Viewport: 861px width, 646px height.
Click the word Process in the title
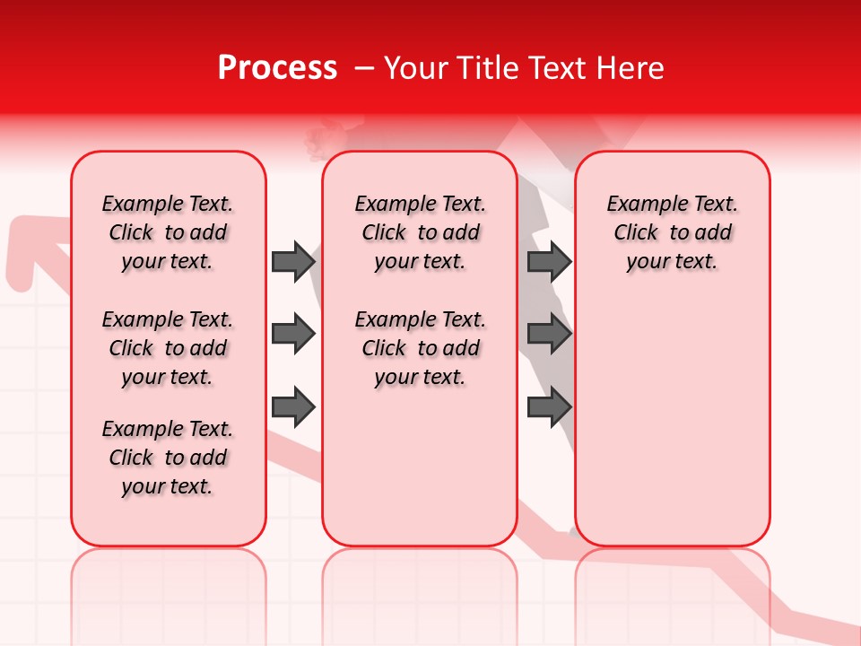coord(277,68)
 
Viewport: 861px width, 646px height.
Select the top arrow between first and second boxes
coord(293,261)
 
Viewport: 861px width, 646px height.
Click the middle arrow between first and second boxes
coord(293,334)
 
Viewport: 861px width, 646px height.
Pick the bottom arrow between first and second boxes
coord(293,406)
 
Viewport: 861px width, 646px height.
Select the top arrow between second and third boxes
coord(549,261)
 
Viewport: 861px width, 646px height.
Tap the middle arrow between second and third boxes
coord(549,334)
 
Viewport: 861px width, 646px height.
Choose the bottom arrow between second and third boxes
coord(549,406)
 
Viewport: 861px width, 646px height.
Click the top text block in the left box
coord(168,232)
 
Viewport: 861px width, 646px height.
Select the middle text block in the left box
coord(168,348)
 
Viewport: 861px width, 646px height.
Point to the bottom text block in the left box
coord(168,458)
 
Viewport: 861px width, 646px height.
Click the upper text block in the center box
coord(421,232)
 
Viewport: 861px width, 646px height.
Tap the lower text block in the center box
coord(421,348)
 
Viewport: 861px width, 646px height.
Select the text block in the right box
coord(673,232)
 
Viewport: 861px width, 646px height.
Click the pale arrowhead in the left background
coord(27,247)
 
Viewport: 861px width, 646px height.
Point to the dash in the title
coord(364,69)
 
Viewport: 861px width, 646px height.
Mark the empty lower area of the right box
coord(673,422)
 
